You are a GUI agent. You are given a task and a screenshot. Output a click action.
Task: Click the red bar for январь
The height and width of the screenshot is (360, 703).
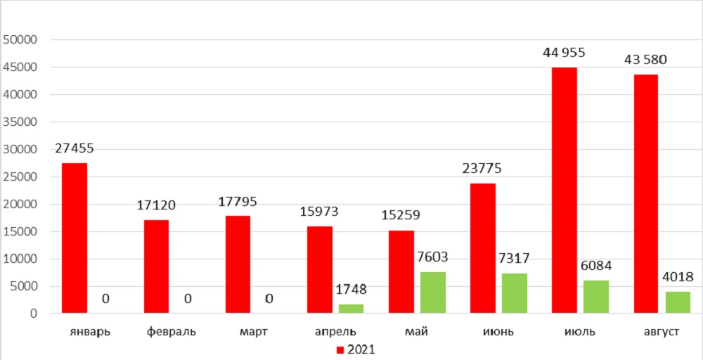75,238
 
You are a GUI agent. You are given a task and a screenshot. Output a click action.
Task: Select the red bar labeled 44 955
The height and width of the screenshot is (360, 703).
564,190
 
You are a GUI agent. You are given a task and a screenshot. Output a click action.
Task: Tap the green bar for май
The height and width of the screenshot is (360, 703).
433,292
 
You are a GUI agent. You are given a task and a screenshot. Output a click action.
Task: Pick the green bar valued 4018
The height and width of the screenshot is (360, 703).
678,302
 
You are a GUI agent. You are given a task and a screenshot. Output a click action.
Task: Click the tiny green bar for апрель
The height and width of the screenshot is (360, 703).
351,309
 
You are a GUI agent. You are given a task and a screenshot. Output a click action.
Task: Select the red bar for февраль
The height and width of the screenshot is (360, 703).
156,266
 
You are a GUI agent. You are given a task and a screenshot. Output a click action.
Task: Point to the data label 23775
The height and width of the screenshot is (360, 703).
482,169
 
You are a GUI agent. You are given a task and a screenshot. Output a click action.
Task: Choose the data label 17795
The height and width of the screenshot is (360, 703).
238,201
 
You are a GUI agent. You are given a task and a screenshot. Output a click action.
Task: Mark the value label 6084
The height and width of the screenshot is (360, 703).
596,264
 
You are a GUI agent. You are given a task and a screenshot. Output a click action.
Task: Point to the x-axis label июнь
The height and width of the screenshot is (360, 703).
498,331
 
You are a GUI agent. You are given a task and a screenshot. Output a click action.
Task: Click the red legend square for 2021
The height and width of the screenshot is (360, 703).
340,349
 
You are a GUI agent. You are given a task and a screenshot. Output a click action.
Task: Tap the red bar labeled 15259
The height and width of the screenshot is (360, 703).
400,272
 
